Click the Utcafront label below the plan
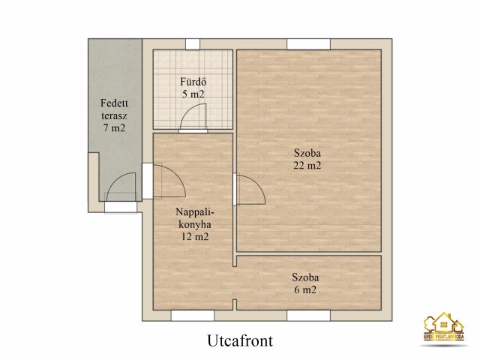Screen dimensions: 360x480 point(239,340)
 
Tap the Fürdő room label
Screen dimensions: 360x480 point(192,82)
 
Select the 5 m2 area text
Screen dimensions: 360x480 point(192,94)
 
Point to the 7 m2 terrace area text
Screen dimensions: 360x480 point(113,128)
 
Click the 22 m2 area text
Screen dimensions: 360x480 point(307,166)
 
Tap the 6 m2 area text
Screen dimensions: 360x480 point(304,289)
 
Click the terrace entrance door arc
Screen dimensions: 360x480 point(121,187)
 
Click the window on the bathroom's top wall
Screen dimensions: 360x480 point(193,43)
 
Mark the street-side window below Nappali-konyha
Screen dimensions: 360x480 point(192,316)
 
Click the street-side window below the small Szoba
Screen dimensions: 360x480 point(308,316)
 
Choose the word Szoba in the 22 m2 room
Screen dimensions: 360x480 point(307,154)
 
